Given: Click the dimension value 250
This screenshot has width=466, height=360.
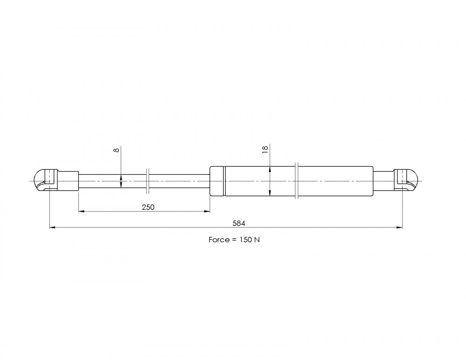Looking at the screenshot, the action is pos(148,207).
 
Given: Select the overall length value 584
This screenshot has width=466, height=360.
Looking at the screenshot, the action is pos(239,223).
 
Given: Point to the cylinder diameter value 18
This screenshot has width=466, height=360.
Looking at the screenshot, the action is pos(265,149).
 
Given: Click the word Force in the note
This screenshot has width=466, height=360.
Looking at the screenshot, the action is pos(219,240).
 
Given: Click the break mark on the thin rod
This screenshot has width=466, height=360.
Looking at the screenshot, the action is pos(148,181).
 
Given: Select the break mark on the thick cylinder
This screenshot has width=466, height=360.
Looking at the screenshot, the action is pos(296,181).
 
